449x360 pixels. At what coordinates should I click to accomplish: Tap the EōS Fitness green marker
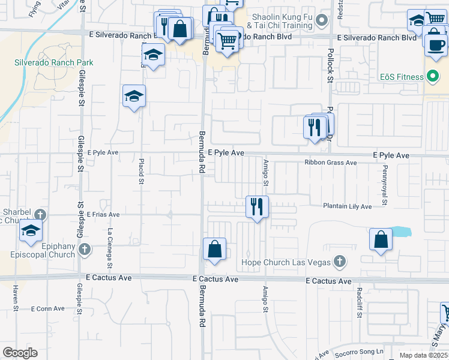(430, 76)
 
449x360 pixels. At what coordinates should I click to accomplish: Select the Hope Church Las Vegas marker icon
(340, 262)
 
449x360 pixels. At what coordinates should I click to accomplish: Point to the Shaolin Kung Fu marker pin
(322, 22)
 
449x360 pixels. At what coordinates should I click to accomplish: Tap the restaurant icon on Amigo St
(257, 207)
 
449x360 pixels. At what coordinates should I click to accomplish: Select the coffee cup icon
(436, 44)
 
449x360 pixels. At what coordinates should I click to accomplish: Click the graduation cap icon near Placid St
(134, 96)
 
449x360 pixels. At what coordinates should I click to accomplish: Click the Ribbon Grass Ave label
(331, 163)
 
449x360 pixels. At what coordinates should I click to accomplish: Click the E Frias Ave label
(103, 214)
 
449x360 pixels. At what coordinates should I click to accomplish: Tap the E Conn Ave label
(49, 308)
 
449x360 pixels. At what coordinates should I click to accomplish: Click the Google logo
(20, 353)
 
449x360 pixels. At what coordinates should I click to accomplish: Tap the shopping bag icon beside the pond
(381, 239)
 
